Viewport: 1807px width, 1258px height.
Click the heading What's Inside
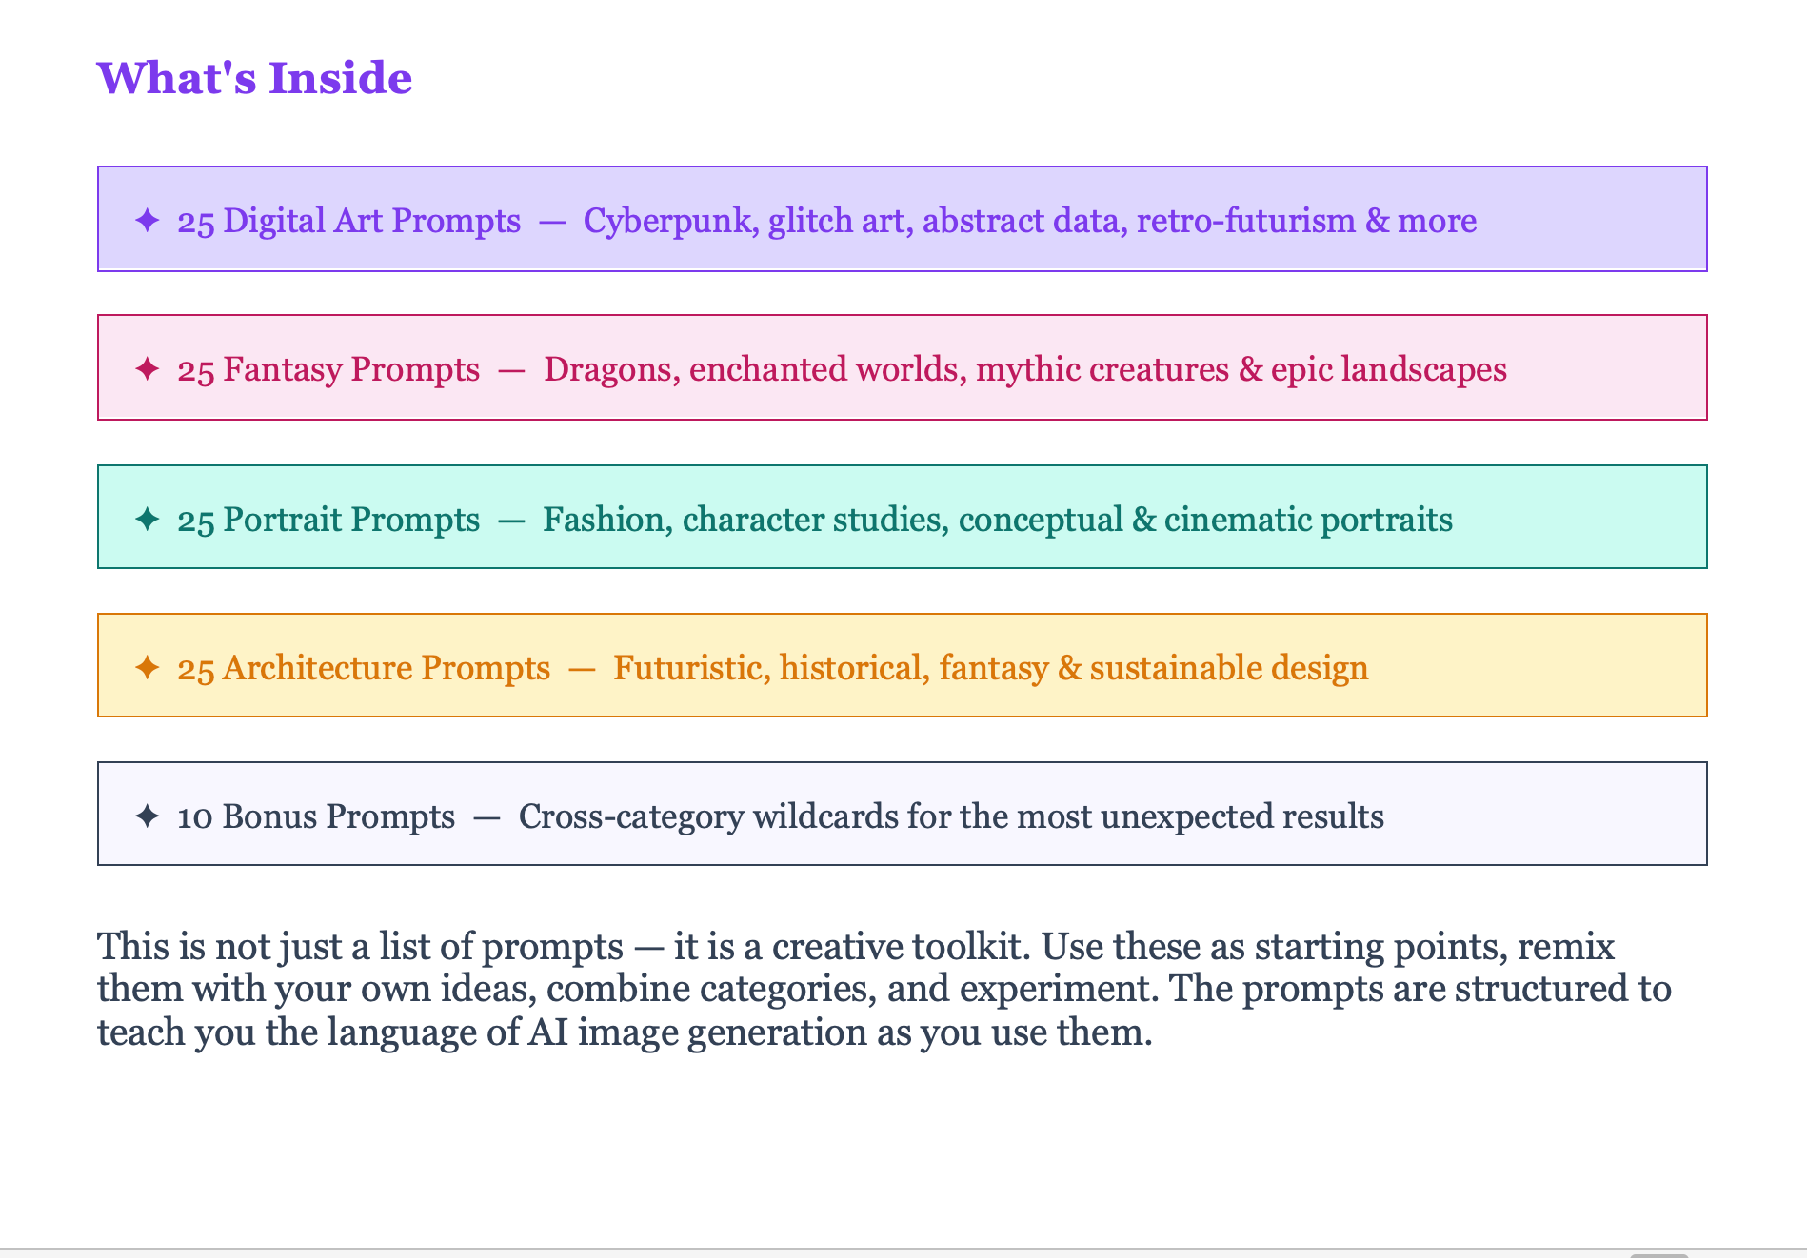pos(254,78)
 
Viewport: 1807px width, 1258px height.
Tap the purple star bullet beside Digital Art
pos(147,220)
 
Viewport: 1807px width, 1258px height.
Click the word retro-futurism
pos(1246,221)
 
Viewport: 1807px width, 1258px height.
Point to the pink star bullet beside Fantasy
pos(147,368)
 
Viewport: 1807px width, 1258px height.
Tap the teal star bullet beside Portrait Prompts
pos(147,519)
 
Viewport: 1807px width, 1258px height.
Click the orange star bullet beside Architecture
pos(147,667)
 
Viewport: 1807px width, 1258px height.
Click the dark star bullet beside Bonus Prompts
pos(147,816)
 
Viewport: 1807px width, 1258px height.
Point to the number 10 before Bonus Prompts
pos(195,817)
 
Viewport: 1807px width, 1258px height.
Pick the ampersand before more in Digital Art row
pos(1377,221)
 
